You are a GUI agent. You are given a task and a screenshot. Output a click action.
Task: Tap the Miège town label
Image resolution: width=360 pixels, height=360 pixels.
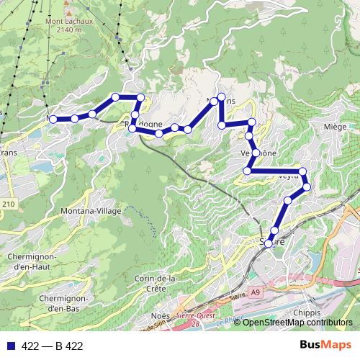point(336,127)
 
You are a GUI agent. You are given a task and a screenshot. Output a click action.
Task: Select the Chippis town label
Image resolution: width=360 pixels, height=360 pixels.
point(310,312)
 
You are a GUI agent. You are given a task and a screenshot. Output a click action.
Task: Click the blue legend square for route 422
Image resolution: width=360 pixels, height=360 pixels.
point(10,346)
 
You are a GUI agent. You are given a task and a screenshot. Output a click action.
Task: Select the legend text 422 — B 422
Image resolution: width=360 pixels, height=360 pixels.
point(53,346)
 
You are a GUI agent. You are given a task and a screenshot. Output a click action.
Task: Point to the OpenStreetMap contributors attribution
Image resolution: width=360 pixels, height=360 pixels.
point(297,323)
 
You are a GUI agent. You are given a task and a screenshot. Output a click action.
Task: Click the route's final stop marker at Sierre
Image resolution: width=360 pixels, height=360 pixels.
point(269,243)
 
